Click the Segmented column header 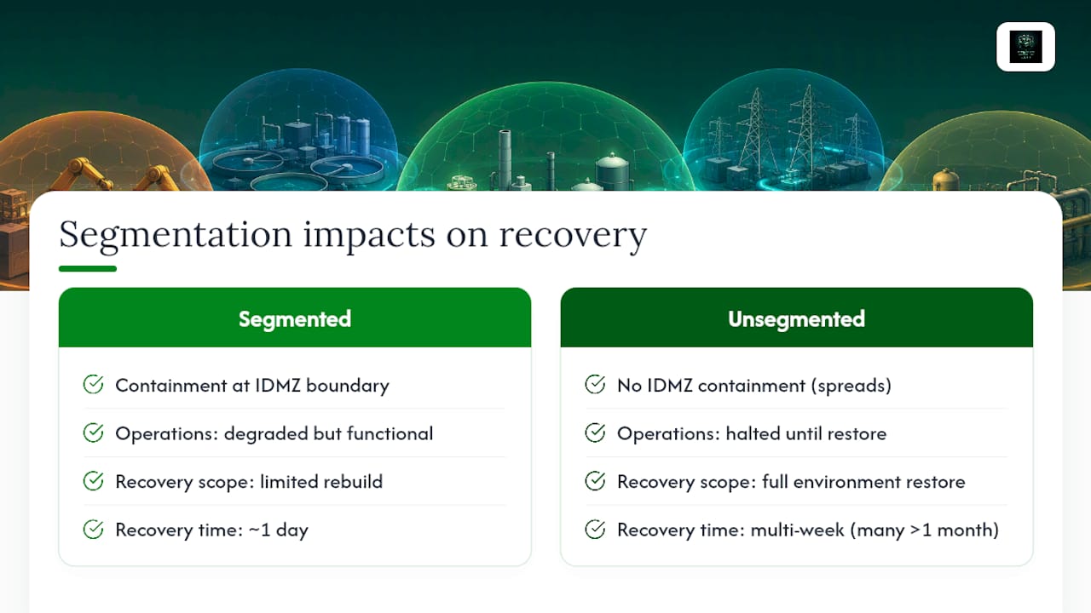(295, 319)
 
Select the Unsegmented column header (796, 319)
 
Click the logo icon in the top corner (1025, 47)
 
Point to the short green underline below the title (88, 268)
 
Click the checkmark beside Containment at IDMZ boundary (93, 384)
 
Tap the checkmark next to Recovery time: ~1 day (93, 530)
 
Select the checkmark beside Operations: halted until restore (595, 433)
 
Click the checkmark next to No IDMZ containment (595, 384)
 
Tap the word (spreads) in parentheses (851, 386)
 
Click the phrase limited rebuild (321, 482)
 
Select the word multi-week (797, 530)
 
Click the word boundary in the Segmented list (347, 386)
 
